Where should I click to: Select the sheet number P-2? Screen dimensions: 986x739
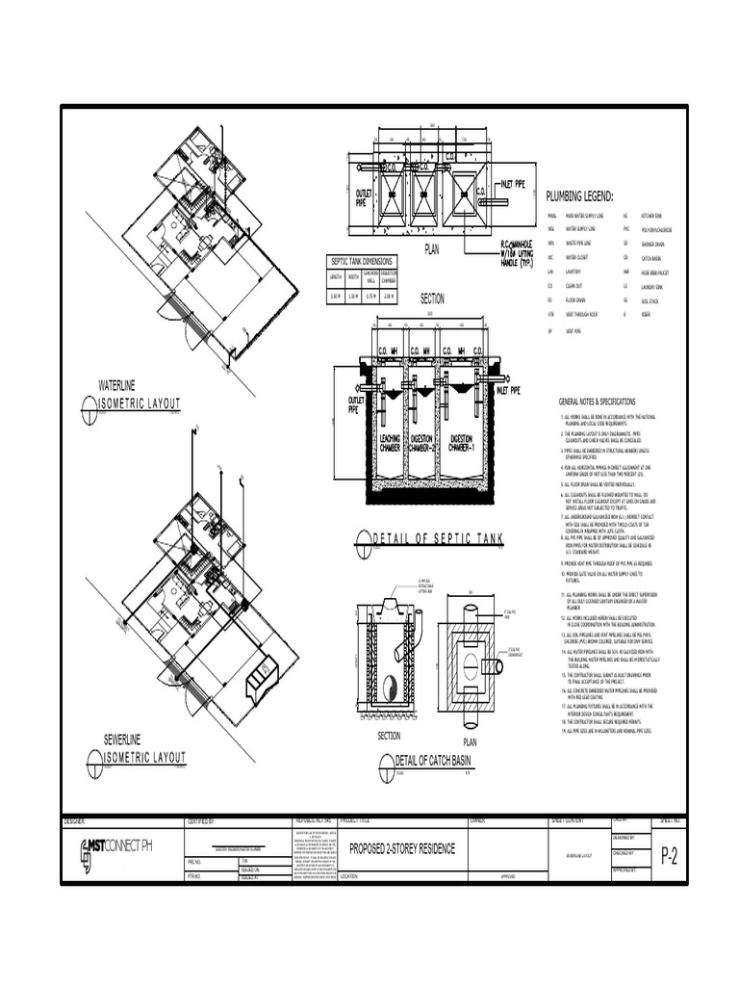[x=669, y=859]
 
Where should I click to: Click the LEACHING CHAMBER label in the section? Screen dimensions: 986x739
[x=390, y=444]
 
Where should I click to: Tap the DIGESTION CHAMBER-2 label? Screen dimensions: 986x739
[x=423, y=444]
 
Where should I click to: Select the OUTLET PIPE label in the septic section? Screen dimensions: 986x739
[x=344, y=404]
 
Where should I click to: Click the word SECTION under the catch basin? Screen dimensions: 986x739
[x=389, y=735]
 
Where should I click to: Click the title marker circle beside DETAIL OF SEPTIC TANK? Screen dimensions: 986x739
[x=363, y=538]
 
